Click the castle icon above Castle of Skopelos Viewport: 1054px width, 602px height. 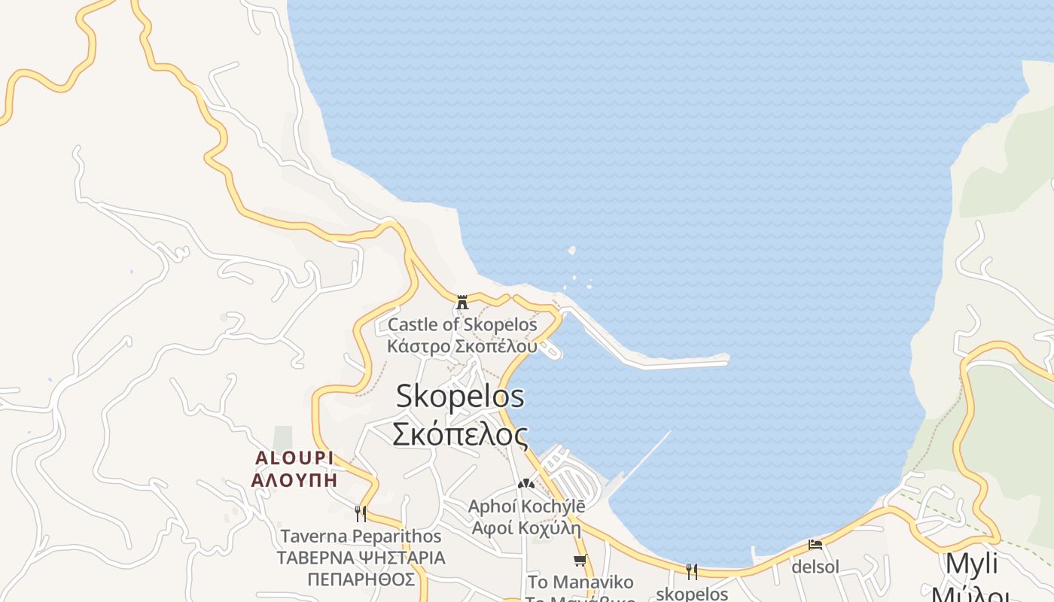click(x=462, y=303)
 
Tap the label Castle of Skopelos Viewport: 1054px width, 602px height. click(x=462, y=325)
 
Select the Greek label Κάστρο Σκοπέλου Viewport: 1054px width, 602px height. click(x=462, y=347)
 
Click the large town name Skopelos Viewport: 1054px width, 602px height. click(x=460, y=396)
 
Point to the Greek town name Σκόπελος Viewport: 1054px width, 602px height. click(x=460, y=434)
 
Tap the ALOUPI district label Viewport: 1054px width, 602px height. click(x=294, y=458)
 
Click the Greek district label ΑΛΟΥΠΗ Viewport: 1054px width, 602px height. click(x=294, y=480)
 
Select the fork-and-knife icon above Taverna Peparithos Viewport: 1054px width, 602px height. click(x=361, y=513)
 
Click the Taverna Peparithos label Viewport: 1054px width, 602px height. click(x=361, y=537)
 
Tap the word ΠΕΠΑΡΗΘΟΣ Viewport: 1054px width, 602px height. click(x=361, y=579)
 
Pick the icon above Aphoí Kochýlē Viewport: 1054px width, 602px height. click(x=525, y=483)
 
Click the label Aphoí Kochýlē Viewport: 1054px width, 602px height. click(x=526, y=506)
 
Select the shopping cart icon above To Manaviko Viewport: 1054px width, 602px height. click(x=580, y=560)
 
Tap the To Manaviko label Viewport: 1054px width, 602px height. click(x=580, y=582)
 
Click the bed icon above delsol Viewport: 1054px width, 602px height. click(x=815, y=544)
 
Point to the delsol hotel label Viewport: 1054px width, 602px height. click(x=815, y=567)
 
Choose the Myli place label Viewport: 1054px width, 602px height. click(x=971, y=564)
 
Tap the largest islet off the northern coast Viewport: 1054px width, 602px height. click(x=572, y=251)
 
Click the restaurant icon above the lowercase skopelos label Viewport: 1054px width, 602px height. click(x=691, y=571)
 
